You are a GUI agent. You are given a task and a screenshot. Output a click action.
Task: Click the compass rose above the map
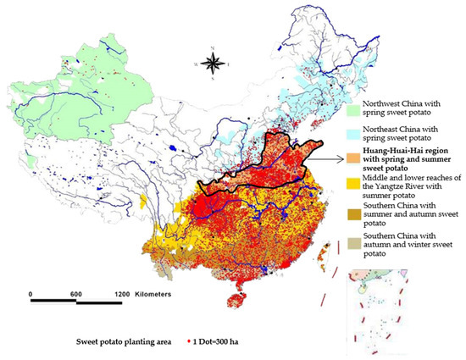(x=219, y=62)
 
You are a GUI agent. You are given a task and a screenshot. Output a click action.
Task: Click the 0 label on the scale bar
(x=31, y=293)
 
